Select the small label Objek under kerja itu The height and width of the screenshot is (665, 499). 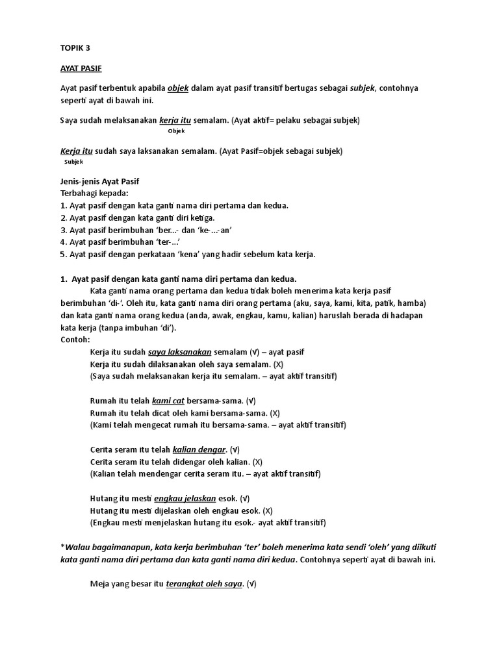[x=176, y=131]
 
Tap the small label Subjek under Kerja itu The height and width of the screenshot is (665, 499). [x=74, y=162]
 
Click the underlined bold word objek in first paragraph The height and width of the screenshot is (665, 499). [x=178, y=88]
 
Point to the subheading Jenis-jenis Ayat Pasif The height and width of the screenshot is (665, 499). [x=99, y=181]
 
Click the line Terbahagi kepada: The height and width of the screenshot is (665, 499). [x=94, y=193]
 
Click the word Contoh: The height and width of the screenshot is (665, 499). [x=75, y=340]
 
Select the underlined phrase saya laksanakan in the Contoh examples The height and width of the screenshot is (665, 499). [x=180, y=352]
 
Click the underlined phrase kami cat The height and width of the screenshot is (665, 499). [x=168, y=401]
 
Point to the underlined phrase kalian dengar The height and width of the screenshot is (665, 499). [x=199, y=449]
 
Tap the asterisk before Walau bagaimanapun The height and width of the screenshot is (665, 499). [x=62, y=546]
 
